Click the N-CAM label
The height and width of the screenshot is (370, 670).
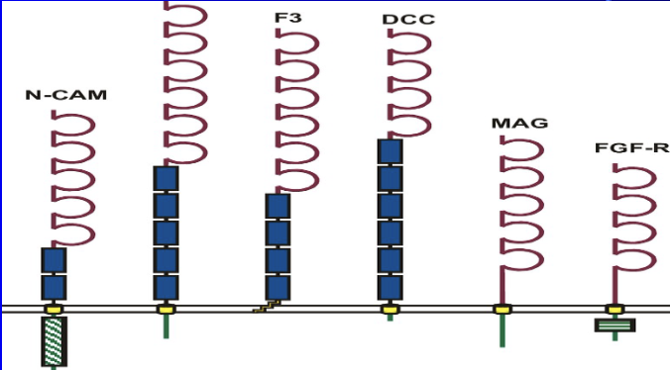66,96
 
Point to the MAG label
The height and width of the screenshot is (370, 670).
519,123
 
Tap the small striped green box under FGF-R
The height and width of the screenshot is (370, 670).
614,324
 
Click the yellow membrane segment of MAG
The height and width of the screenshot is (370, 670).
503,310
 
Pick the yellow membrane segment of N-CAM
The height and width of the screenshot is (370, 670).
54,310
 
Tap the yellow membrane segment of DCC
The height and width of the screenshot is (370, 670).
390,310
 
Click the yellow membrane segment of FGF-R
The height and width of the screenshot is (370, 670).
614,310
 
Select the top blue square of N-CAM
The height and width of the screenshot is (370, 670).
54,260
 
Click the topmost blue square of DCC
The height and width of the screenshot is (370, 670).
390,151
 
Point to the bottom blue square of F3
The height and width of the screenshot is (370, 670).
278,287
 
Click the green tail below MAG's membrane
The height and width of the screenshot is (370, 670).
503,331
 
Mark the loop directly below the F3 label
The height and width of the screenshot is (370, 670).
295,42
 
